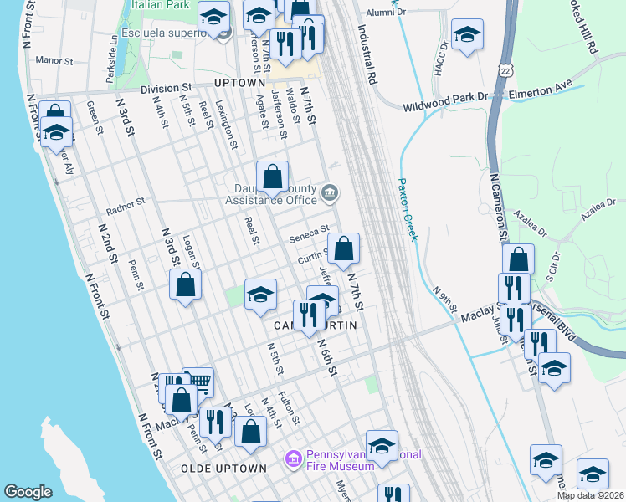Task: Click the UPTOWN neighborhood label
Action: pyautogui.click(x=239, y=83)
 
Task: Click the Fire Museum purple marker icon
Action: pyautogui.click(x=293, y=459)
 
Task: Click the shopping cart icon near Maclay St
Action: pyautogui.click(x=198, y=383)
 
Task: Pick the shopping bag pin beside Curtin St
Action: pyautogui.click(x=343, y=248)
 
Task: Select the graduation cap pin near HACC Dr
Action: pyautogui.click(x=467, y=34)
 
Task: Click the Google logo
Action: pyautogui.click(x=27, y=492)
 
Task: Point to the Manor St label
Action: pyautogui.click(x=56, y=60)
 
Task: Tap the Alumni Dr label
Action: pyautogui.click(x=386, y=13)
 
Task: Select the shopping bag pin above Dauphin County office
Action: pyautogui.click(x=272, y=176)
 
